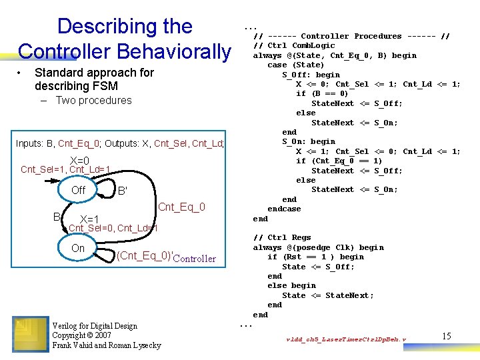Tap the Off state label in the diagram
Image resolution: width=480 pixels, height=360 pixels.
79,190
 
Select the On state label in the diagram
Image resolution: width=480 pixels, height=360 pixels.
78,248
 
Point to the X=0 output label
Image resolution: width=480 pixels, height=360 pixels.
79,160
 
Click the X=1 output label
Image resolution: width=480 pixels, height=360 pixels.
89,220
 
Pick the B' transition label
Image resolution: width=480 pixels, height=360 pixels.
122,191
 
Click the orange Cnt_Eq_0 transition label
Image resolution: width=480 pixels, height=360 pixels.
181,207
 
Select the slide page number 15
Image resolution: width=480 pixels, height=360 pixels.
446,337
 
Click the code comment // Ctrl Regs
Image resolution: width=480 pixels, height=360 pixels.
282,238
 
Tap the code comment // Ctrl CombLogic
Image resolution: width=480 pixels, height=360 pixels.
293,46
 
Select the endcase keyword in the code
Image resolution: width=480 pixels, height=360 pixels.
284,209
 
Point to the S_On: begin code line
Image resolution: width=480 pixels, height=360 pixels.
309,141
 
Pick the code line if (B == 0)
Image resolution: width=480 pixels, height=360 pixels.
322,94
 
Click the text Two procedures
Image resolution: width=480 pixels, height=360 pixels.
93,101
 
